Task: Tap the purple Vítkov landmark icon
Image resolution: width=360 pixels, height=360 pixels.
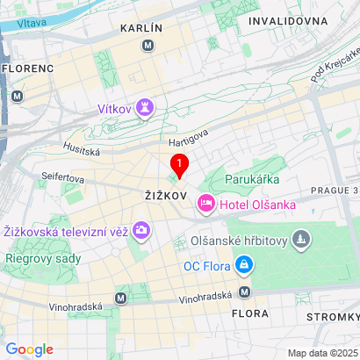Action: (146, 109)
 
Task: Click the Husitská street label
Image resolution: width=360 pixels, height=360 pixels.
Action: (82, 151)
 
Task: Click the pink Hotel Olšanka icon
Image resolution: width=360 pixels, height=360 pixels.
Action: (206, 205)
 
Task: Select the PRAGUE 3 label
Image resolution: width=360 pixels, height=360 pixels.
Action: (335, 190)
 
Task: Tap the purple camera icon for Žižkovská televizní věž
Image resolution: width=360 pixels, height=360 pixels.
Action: (142, 232)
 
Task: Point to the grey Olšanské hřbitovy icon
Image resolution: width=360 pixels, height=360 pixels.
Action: (301, 238)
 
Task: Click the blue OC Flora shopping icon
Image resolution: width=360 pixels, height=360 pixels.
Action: (245, 264)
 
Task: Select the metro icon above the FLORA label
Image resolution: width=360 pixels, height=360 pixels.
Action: (245, 292)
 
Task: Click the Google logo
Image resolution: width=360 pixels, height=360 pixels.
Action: (29, 349)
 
